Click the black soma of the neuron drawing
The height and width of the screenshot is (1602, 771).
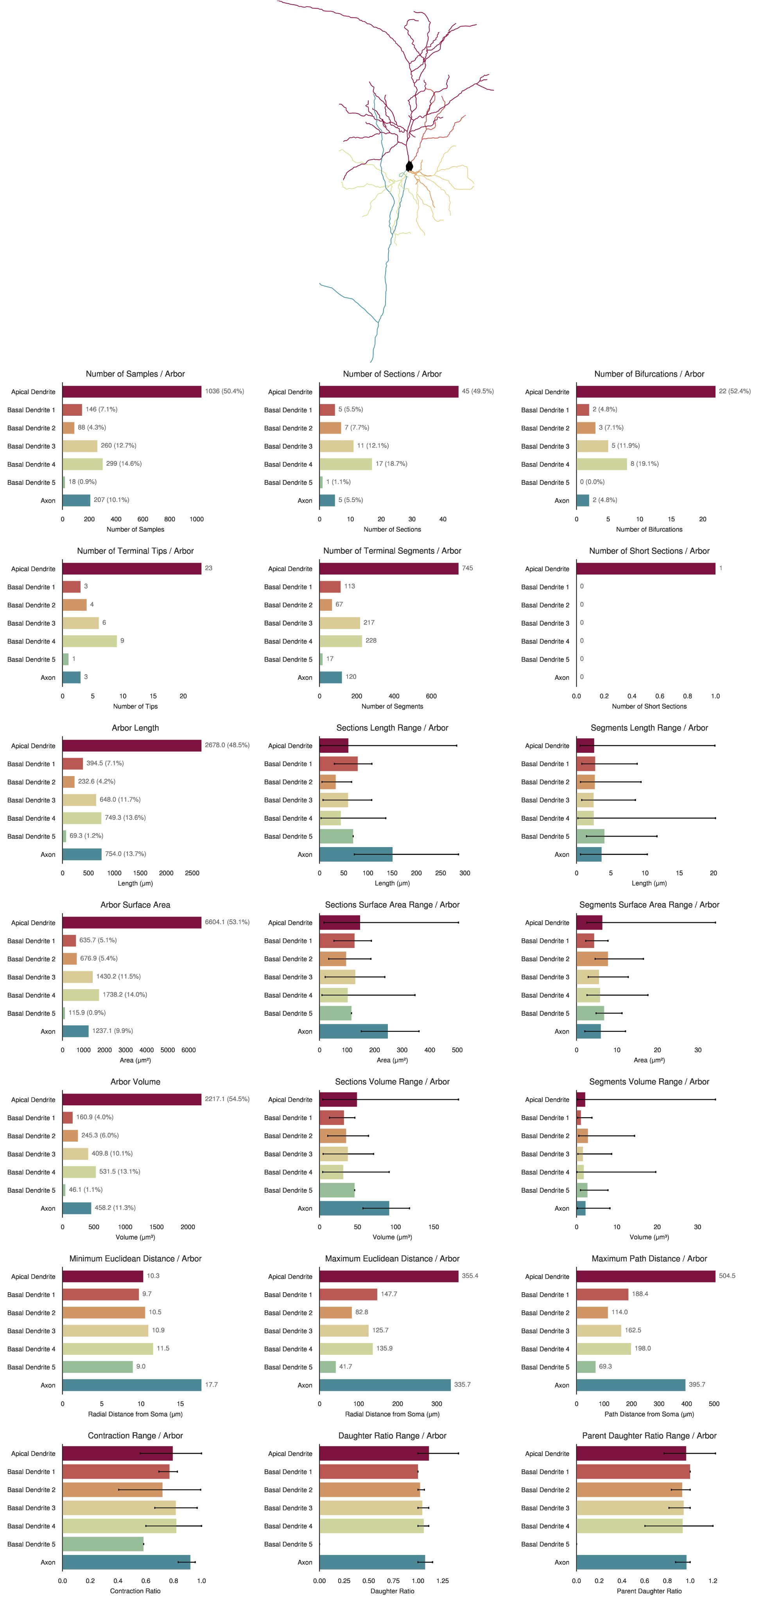pos(409,166)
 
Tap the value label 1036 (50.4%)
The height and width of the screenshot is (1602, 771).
pos(224,391)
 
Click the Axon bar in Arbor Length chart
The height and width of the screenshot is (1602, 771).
pos(82,854)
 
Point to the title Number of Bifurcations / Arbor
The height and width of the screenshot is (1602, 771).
pos(649,374)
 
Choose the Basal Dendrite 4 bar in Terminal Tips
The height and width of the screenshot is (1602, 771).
pos(90,641)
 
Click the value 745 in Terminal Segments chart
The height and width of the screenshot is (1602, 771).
pos(468,568)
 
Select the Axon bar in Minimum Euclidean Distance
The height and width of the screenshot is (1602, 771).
pos(132,1385)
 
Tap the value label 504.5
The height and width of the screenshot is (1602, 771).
pos(727,1275)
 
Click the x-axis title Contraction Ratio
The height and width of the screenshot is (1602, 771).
pos(135,1591)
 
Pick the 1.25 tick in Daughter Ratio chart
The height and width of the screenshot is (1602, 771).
pos(442,1580)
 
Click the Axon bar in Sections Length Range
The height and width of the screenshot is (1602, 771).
pos(356,854)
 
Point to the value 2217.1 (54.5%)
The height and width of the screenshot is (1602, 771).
pos(227,1099)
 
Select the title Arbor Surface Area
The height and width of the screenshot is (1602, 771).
pos(135,905)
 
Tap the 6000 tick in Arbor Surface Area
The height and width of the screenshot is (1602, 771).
pos(188,1050)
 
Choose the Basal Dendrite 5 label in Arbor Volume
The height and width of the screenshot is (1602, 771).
pos(31,1190)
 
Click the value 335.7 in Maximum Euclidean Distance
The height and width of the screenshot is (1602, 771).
pos(462,1384)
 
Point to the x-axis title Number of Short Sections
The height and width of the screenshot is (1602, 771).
pos(649,706)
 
